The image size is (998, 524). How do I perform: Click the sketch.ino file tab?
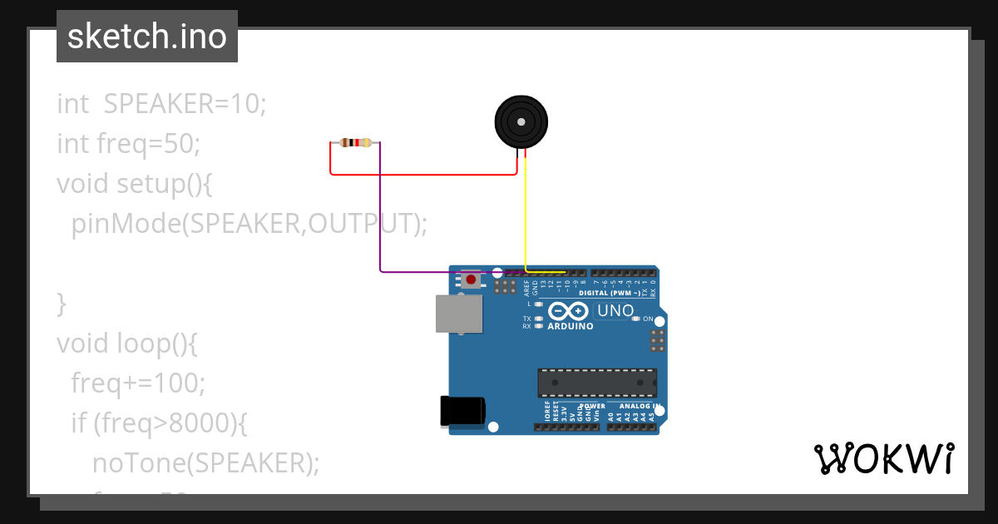(x=147, y=37)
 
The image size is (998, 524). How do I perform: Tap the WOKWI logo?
(x=883, y=458)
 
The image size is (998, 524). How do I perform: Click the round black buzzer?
(x=521, y=121)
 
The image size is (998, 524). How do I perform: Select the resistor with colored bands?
(x=356, y=143)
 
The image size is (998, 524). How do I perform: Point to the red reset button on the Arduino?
(x=472, y=279)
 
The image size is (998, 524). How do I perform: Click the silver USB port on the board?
(x=459, y=314)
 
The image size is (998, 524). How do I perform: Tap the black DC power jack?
(x=462, y=411)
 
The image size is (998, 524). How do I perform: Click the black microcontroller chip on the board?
(x=596, y=383)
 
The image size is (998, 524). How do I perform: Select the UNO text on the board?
(x=615, y=311)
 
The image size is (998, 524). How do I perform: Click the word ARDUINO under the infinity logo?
(x=571, y=327)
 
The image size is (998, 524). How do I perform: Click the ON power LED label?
(x=648, y=319)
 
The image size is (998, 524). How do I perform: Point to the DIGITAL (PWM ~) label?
(x=609, y=294)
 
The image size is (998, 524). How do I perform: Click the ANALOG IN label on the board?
(x=640, y=406)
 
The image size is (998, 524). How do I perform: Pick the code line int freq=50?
(x=128, y=144)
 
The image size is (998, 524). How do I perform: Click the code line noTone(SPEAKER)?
(x=205, y=462)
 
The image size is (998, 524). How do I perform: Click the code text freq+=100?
(x=138, y=383)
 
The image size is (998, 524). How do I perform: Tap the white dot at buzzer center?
(x=521, y=121)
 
